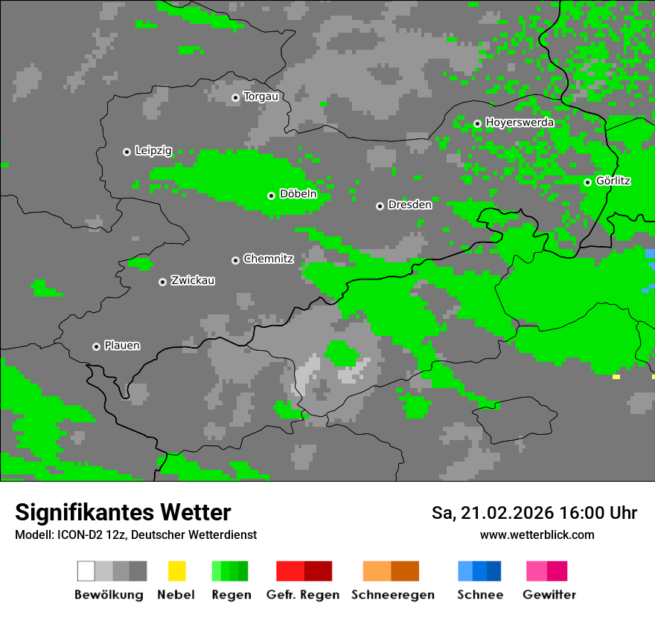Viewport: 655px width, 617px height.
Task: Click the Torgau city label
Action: pyautogui.click(x=261, y=97)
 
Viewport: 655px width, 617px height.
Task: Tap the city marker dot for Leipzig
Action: pyautogui.click(x=127, y=152)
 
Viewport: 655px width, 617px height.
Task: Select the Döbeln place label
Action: pyautogui.click(x=298, y=195)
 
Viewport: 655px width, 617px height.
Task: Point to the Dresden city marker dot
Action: pyautogui.click(x=380, y=206)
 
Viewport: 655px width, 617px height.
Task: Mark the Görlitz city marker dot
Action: pyautogui.click(x=587, y=182)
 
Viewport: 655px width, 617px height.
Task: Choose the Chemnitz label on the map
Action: pyautogui.click(x=269, y=259)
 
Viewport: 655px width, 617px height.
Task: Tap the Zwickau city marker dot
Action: pyautogui.click(x=162, y=282)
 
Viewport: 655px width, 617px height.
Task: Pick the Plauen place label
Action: pyautogui.click(x=122, y=346)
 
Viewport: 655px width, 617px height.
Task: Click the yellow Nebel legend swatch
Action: pyautogui.click(x=176, y=571)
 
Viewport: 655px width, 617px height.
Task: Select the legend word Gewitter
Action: pyautogui.click(x=549, y=595)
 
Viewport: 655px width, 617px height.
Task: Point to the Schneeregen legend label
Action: pyautogui.click(x=392, y=595)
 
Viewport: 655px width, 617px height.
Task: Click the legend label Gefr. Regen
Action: pyautogui.click(x=303, y=595)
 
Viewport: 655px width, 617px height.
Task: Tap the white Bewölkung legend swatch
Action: pyautogui.click(x=86, y=571)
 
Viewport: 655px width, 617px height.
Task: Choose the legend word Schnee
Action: pyautogui.click(x=479, y=595)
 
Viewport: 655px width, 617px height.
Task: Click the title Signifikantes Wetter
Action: pyautogui.click(x=123, y=512)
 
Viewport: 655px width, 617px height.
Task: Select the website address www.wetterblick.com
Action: pyautogui.click(x=537, y=534)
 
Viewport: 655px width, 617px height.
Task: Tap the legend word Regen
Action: pyautogui.click(x=230, y=595)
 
